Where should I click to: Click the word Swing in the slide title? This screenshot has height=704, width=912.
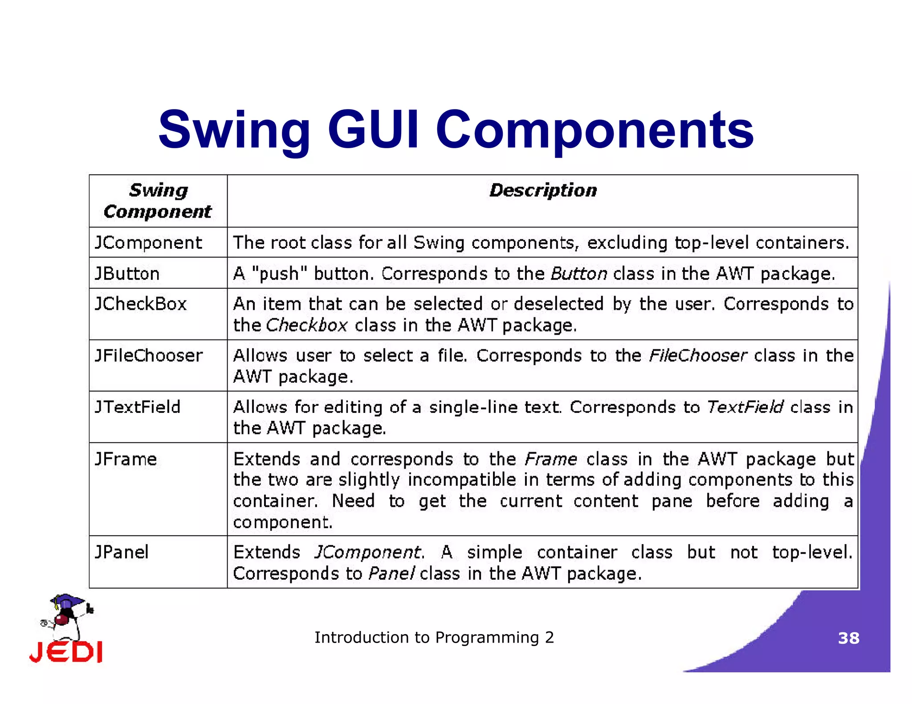pos(234,130)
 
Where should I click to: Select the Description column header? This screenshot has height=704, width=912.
pos(543,190)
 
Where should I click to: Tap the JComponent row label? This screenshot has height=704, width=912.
pos(148,243)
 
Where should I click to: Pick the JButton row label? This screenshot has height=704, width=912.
pos(127,274)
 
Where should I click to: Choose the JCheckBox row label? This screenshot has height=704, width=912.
pos(141,304)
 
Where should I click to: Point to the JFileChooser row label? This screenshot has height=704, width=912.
pos(149,356)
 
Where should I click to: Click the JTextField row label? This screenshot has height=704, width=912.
pos(138,407)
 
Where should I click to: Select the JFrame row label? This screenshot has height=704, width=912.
pos(126,459)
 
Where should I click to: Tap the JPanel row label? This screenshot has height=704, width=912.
pos(122,552)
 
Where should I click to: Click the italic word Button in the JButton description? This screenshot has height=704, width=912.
pos(578,274)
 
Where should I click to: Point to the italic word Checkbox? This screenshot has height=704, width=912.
pos(306,326)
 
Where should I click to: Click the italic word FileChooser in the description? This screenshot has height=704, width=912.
pos(697,356)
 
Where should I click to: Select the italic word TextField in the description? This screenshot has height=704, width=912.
pos(745,407)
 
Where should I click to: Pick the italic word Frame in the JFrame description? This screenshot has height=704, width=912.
pos(551,459)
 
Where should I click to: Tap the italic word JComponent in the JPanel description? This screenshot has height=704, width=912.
pos(368,552)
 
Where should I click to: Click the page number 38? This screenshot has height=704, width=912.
pos(848,638)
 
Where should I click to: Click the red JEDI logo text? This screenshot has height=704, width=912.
pos(66,652)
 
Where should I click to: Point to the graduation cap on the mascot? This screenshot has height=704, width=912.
pos(67,601)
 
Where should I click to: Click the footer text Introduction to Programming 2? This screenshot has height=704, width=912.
pos(434,638)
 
